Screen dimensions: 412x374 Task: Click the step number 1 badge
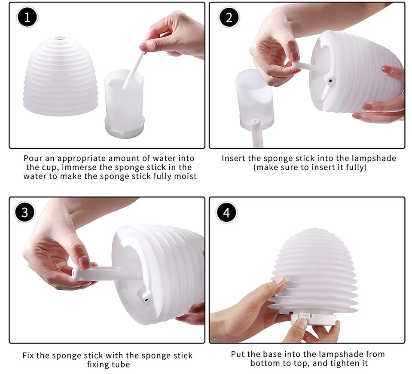click(x=27, y=18)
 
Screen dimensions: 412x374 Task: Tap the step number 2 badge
click(x=229, y=17)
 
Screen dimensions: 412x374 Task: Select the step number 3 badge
click(x=25, y=212)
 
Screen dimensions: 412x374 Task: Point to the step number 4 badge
click(x=226, y=212)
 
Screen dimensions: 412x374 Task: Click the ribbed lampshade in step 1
click(x=61, y=77)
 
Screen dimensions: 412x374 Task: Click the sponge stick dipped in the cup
click(x=134, y=70)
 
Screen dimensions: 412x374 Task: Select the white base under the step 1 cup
click(x=125, y=128)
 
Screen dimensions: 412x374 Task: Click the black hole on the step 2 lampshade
click(x=330, y=81)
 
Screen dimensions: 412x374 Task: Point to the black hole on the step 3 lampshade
click(x=145, y=299)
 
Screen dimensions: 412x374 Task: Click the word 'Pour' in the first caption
click(x=33, y=158)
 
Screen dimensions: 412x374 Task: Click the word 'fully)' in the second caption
click(x=356, y=167)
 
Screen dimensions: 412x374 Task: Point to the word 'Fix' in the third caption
click(x=28, y=356)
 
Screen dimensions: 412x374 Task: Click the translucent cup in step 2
click(x=255, y=100)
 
